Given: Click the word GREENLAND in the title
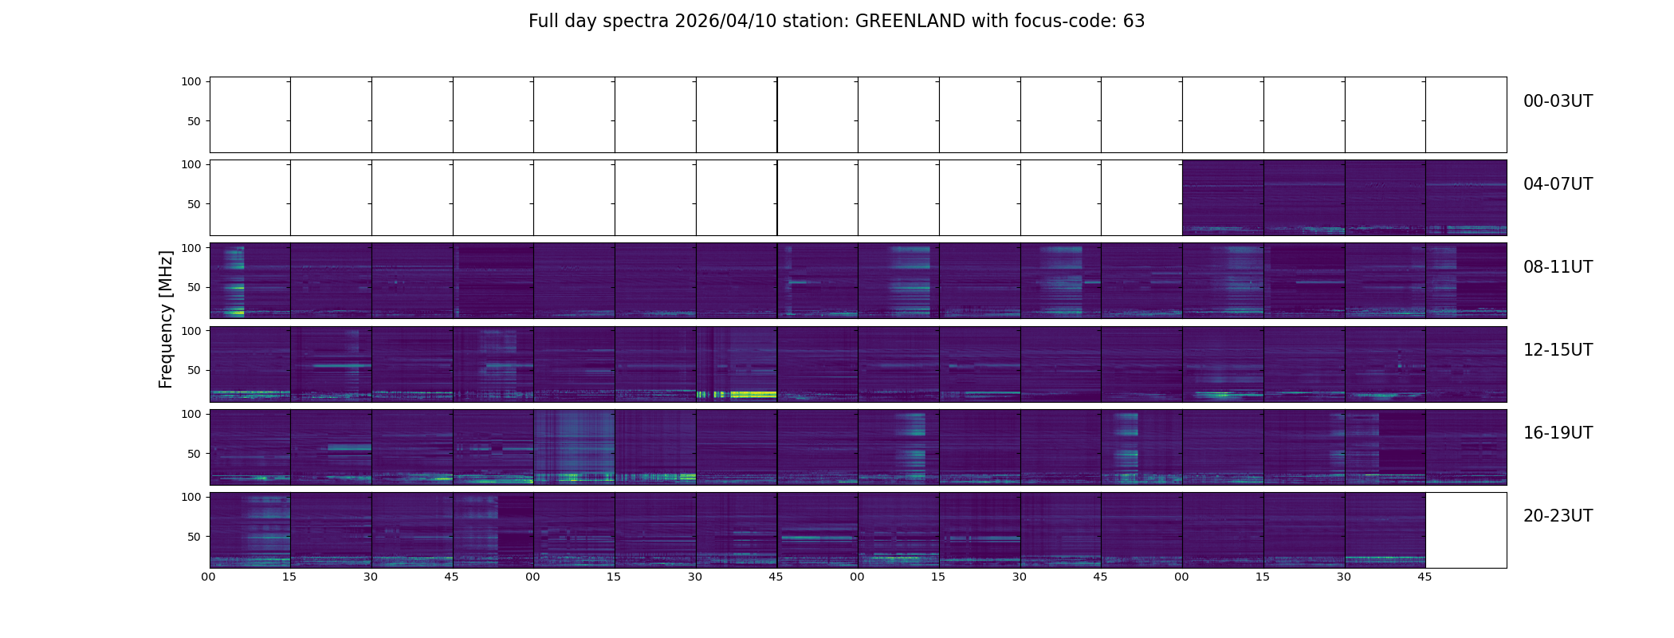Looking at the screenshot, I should tap(910, 22).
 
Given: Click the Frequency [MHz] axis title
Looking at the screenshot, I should tap(166, 319).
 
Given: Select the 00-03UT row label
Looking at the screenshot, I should tap(1558, 101).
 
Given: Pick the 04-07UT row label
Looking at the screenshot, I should tap(1558, 184).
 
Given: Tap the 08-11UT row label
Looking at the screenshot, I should tap(1558, 267).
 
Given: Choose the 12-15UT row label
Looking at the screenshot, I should tap(1558, 350).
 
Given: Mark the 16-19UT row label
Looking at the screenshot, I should tap(1558, 433).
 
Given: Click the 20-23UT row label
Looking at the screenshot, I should tap(1558, 516).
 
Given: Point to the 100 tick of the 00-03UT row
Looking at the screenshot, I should tap(191, 81).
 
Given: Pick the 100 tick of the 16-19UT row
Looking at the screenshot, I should tap(191, 414).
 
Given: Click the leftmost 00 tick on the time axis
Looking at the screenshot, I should tap(209, 577).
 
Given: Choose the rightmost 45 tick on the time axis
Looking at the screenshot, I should tap(1424, 577).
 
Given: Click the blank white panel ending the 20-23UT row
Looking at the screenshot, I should tap(1465, 530).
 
